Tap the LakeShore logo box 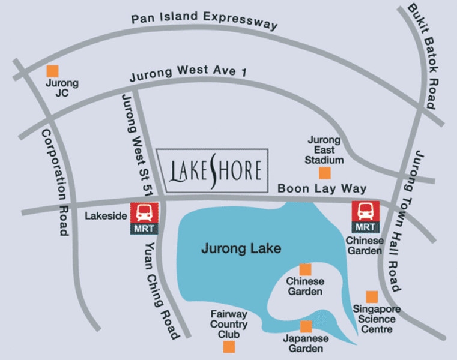coord(213,170)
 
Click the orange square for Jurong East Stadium coord(324,173)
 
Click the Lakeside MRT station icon coord(144,217)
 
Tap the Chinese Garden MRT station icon coord(366,217)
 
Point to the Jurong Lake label coord(241,248)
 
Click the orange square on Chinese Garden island coord(305,269)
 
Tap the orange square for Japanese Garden coord(306,326)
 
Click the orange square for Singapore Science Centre coord(372,296)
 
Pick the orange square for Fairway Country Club coord(229,346)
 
